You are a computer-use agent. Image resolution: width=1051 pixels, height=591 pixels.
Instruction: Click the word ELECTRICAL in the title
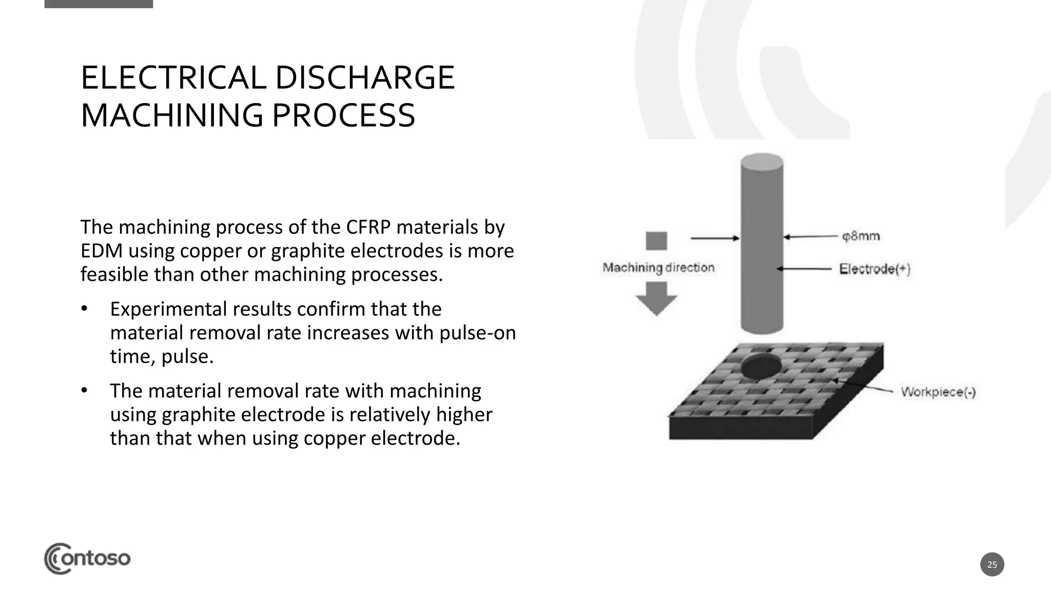172,78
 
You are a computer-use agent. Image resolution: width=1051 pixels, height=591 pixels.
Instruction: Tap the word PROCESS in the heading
343,115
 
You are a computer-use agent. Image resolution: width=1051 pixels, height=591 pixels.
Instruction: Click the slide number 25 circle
992,564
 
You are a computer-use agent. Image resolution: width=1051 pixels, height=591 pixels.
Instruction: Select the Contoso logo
87,558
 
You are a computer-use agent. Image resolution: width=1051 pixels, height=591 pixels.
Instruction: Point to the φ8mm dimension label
861,237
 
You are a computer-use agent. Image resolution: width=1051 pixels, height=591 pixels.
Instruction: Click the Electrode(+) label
874,269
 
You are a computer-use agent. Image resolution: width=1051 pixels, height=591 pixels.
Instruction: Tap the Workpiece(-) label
938,392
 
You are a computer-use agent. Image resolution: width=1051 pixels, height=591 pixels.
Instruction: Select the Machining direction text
658,268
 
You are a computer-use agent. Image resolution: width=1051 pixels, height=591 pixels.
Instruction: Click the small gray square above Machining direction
656,241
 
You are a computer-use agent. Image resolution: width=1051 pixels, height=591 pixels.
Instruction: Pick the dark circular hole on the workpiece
761,365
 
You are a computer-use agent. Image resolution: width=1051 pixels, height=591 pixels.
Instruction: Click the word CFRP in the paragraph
368,227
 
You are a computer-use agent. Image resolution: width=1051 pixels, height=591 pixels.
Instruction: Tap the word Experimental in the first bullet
168,309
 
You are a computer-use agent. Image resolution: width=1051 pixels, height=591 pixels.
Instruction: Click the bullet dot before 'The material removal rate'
84,391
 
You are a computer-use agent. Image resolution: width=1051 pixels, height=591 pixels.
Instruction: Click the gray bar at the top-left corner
99,4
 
